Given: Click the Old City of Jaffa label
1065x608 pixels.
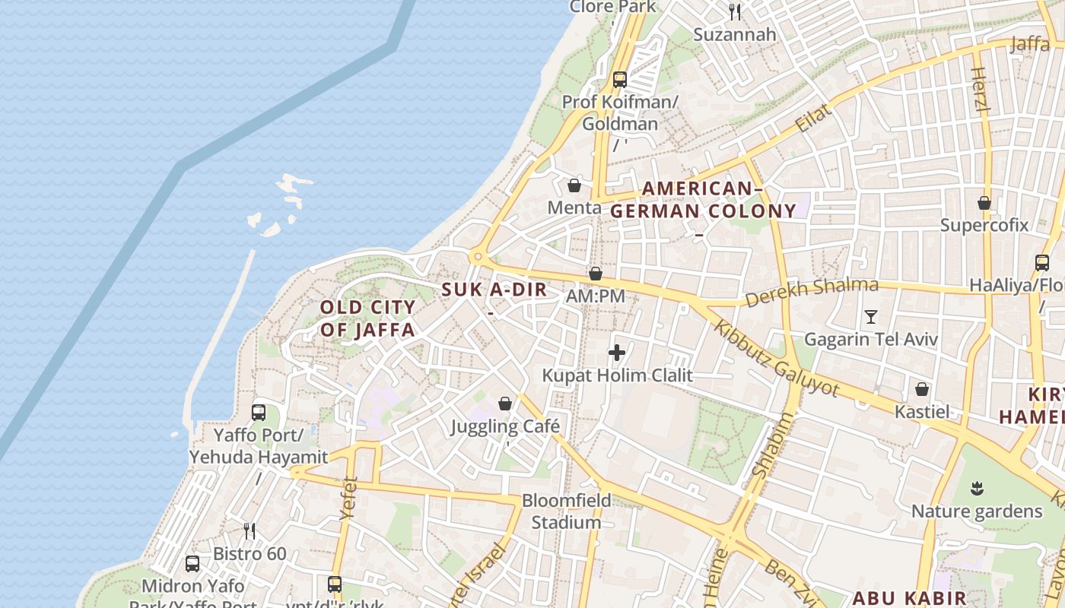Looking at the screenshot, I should [367, 318].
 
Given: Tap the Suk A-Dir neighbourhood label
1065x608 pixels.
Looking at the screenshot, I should [494, 290].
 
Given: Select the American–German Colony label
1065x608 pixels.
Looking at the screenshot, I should [703, 200].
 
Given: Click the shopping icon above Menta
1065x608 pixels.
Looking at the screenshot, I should [574, 185].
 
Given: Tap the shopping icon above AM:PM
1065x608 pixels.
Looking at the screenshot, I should [596, 274].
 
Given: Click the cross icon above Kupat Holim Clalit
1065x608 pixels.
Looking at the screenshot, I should [617, 353].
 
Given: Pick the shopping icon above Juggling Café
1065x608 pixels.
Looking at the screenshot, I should [505, 404].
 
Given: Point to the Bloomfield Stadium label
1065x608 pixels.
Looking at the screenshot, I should [566, 511].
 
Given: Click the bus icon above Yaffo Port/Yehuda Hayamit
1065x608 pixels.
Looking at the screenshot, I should [259, 413].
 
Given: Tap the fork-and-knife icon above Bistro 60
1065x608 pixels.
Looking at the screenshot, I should [249, 530].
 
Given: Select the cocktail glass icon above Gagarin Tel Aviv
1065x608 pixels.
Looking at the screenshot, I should [871, 316].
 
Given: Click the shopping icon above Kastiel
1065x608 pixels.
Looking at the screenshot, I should [922, 389].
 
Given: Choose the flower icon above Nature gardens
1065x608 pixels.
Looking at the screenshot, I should [977, 487].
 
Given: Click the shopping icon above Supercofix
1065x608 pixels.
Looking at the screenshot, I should [984, 203].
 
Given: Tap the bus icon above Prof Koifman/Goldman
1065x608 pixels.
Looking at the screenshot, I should [620, 79].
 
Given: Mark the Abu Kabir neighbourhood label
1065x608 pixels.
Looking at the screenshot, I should [909, 598].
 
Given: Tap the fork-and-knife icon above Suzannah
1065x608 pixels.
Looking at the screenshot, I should [735, 11].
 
